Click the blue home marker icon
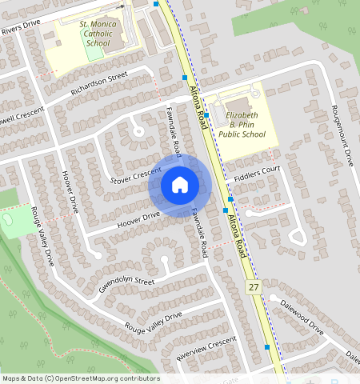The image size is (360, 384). point(180,185)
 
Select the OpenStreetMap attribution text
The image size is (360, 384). point(80,378)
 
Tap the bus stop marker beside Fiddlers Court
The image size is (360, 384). point(230,198)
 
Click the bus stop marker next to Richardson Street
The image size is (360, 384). point(185,78)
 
